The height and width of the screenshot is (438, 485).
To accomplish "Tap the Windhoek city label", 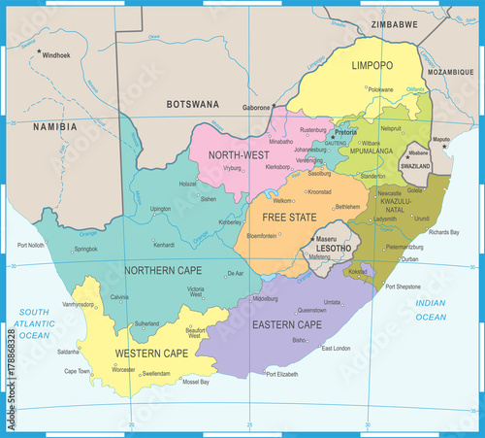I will [x=57, y=54].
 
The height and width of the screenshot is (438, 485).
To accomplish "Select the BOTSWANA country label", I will [x=192, y=103].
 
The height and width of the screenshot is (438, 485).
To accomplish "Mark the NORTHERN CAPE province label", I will [x=162, y=268].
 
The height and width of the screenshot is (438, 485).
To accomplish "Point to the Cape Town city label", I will [x=78, y=371].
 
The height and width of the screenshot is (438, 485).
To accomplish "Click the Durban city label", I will [x=410, y=259].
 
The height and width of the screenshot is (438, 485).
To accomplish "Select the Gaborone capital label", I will [x=256, y=110].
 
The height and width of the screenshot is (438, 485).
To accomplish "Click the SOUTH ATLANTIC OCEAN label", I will [x=34, y=322].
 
